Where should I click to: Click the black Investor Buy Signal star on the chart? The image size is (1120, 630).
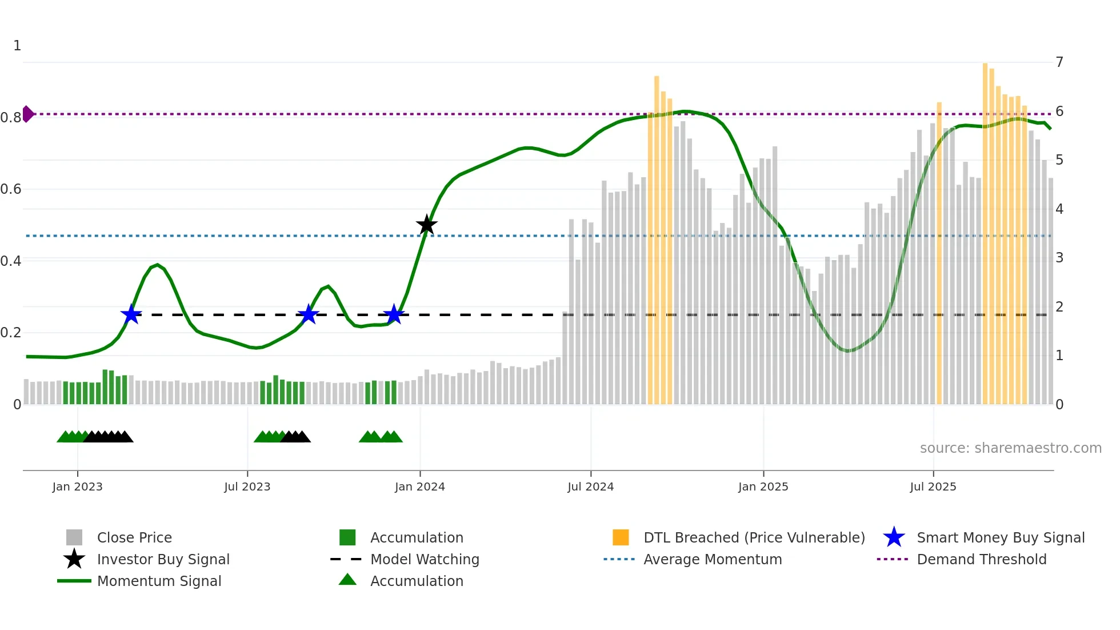pos(426,225)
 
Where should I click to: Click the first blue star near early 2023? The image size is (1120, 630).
pos(131,314)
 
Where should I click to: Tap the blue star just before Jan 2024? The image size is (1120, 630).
pos(394,314)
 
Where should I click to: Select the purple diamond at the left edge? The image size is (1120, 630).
pos(27,114)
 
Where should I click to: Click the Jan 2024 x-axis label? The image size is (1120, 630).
pos(419,487)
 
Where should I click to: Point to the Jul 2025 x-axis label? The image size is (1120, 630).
pos(933,487)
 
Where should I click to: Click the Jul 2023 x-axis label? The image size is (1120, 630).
pos(247,487)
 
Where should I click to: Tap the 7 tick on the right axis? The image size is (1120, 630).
pos(1059,62)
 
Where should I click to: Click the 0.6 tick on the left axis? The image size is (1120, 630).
pos(11,189)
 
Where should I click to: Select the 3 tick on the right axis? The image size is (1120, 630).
pos(1059,258)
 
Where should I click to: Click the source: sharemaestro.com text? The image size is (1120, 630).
pos(1010,448)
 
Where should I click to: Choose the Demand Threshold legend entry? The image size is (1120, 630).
pos(981,559)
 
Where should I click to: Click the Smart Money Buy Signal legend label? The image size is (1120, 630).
pos(1000,537)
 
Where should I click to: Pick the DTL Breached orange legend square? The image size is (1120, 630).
pos(621,537)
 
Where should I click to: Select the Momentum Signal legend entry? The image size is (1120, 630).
pos(159,581)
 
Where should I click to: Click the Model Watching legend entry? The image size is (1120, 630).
pos(425,559)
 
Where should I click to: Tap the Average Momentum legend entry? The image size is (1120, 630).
pos(712,559)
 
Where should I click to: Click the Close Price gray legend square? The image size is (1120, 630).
pos(74,537)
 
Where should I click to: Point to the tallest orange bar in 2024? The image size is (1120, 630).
pos(657,240)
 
